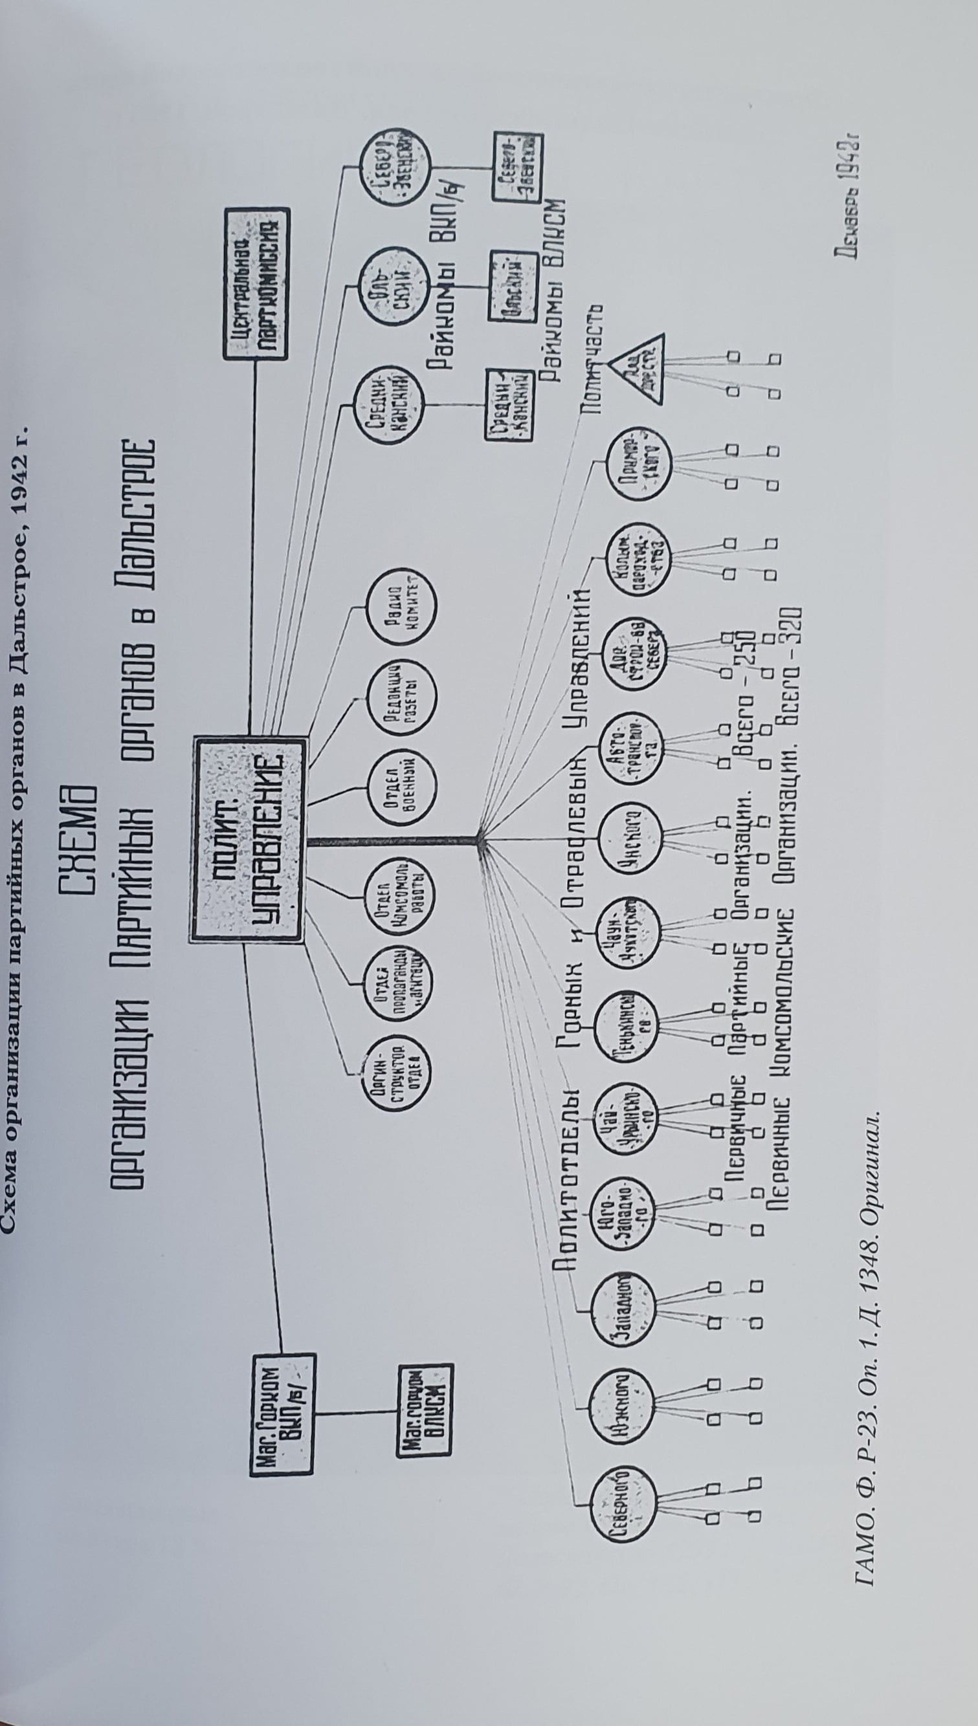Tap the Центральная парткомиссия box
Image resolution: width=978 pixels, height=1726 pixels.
[x=256, y=281]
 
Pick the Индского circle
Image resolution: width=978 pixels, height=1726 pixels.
[x=627, y=839]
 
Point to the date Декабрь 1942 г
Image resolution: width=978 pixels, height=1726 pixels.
[x=849, y=201]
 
